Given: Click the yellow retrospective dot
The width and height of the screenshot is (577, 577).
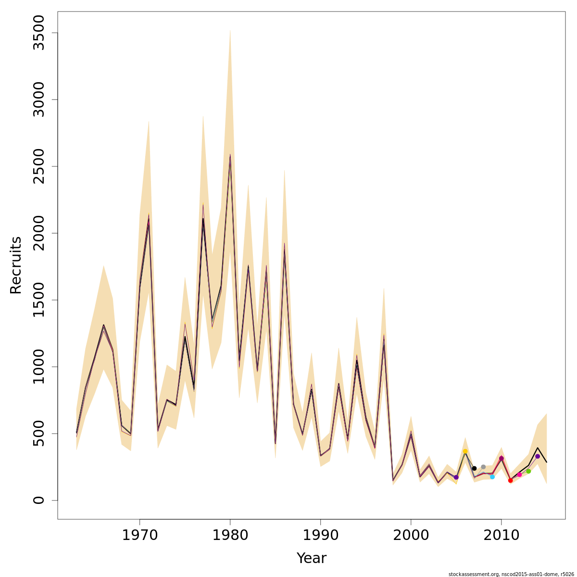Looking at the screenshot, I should [x=465, y=451].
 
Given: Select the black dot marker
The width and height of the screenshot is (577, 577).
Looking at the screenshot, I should [x=474, y=468].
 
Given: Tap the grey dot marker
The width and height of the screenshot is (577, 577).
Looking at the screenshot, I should [x=483, y=467].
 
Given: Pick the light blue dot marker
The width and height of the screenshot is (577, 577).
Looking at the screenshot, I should [x=492, y=477].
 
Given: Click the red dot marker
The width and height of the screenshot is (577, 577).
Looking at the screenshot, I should [x=510, y=480].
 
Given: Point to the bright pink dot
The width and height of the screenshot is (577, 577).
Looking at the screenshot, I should [x=519, y=475].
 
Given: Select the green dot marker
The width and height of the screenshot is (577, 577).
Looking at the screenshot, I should [x=528, y=471].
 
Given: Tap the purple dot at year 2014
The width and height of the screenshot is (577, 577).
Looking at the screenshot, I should [x=538, y=456].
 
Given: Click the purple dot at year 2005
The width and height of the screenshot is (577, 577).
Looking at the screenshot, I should [x=456, y=477].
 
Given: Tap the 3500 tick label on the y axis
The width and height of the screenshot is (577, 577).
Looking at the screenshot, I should [x=38, y=33].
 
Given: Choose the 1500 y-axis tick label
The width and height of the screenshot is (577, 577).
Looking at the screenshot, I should [x=38, y=300].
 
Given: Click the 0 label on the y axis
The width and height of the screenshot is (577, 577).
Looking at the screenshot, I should [x=38, y=500].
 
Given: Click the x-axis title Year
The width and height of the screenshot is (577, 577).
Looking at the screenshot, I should [x=311, y=558].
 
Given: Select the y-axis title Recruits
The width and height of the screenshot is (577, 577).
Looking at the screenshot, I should [x=16, y=265].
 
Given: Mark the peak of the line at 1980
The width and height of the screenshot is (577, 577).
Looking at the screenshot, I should [x=230, y=155].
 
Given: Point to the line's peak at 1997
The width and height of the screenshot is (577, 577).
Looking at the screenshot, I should [x=384, y=336].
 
